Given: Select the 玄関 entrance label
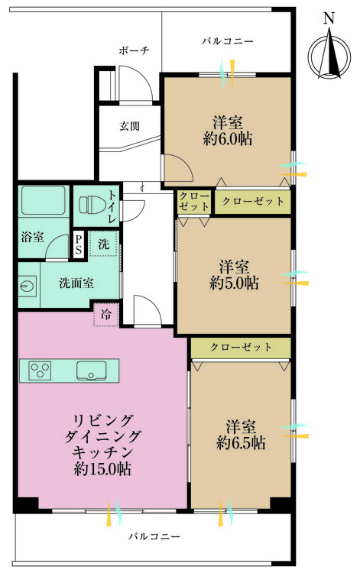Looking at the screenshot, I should (x=129, y=126).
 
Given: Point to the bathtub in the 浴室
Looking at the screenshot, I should (x=43, y=202).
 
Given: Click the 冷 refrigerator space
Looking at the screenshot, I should (x=105, y=313).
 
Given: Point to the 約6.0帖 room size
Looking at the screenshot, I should (x=228, y=139).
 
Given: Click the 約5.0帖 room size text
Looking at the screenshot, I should (x=233, y=283).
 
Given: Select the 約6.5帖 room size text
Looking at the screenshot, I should (x=241, y=442).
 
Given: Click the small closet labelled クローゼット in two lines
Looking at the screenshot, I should (x=194, y=202).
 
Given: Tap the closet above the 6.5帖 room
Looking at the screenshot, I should (x=241, y=348).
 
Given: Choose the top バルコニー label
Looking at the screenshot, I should (x=227, y=40).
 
